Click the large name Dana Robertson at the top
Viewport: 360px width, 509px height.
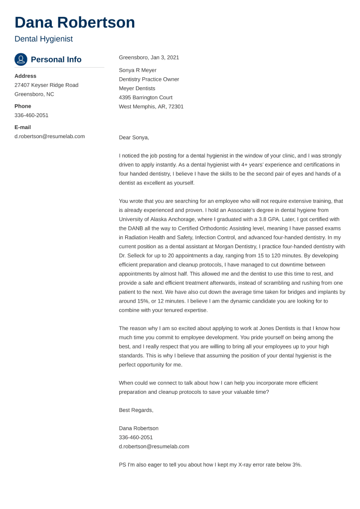click(75, 22)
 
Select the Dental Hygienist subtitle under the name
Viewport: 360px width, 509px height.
click(43, 39)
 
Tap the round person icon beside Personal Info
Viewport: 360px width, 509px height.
click(21, 59)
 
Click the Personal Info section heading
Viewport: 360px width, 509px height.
click(56, 59)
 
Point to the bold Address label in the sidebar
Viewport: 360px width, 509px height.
click(25, 76)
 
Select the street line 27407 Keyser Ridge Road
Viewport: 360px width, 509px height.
click(46, 85)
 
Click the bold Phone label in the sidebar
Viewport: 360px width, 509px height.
click(23, 106)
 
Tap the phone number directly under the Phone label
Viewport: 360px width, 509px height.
click(31, 115)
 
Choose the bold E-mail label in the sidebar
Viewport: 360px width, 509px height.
click(22, 127)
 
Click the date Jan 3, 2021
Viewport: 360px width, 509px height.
click(165, 57)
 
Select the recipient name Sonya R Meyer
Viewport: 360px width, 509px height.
click(138, 70)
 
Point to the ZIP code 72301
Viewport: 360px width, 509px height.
click(176, 107)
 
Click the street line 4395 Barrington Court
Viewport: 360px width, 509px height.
click(146, 98)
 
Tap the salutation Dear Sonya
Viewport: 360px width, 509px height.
click(134, 138)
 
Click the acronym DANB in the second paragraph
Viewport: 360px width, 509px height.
click(137, 228)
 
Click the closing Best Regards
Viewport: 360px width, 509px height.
click(136, 410)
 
